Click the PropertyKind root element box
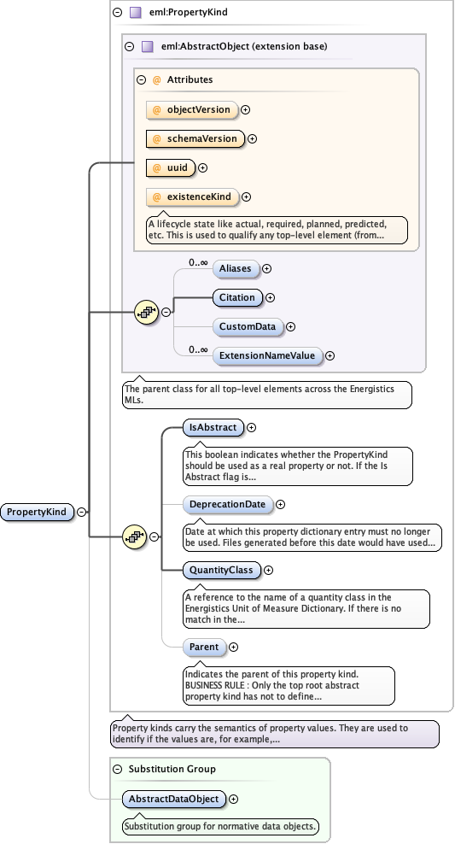click(38, 513)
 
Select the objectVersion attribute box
click(192, 109)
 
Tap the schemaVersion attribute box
click(195, 138)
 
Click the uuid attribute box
click(171, 167)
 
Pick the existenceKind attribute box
click(192, 197)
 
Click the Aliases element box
click(235, 268)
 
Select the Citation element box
click(237, 297)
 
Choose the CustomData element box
click(248, 326)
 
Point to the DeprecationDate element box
click(228, 505)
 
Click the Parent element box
click(204, 648)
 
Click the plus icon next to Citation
click(271, 297)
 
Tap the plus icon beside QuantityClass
click(269, 570)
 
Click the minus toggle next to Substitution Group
click(119, 769)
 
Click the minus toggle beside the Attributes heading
click(142, 79)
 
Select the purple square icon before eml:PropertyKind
click(134, 13)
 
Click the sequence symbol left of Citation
click(147, 313)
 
